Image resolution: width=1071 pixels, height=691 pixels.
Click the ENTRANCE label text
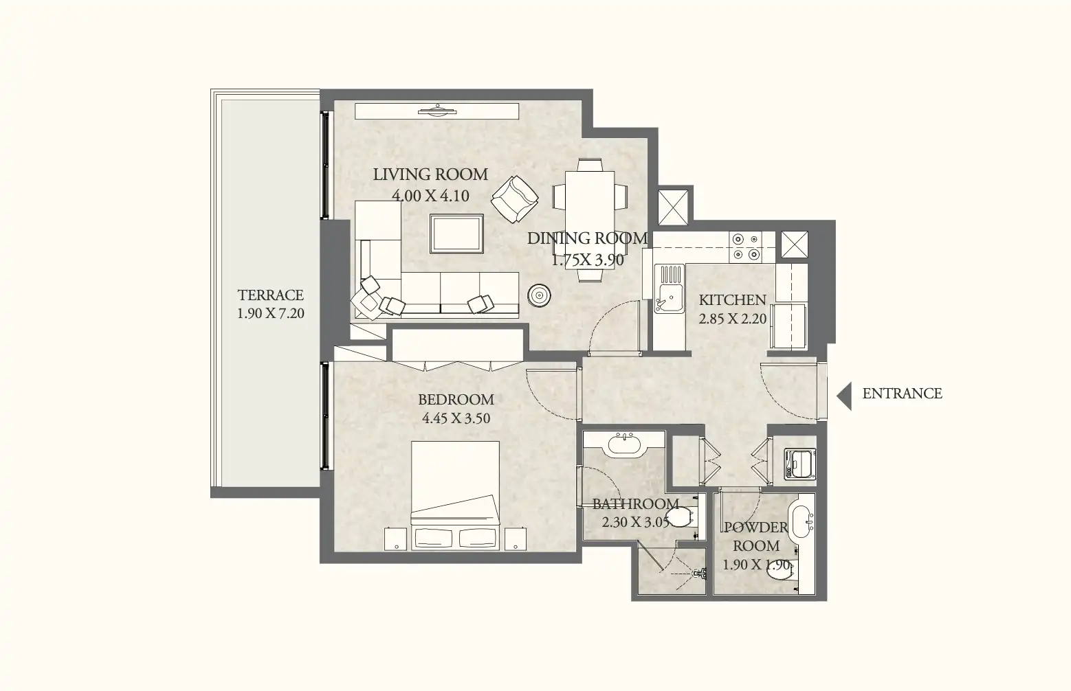point(902,394)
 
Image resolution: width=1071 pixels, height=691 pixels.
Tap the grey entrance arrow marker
point(844,396)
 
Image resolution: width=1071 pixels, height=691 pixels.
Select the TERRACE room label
point(270,295)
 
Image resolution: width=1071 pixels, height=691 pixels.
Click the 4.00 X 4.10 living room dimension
point(430,196)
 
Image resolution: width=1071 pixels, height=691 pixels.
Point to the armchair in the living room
point(514,199)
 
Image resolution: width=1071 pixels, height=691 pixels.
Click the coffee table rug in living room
point(456,233)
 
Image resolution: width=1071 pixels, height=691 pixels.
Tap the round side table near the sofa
point(540,295)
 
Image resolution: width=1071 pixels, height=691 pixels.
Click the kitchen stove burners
point(746,247)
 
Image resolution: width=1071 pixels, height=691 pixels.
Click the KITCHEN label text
point(732,300)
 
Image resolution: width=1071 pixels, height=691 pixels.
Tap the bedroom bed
point(455,495)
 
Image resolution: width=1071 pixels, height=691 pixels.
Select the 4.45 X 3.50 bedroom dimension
point(456,418)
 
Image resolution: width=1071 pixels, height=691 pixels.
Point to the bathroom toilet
point(681,517)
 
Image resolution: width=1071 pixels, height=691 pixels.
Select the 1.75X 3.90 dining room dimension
point(588,260)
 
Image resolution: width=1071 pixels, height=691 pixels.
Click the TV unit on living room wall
point(437,111)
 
